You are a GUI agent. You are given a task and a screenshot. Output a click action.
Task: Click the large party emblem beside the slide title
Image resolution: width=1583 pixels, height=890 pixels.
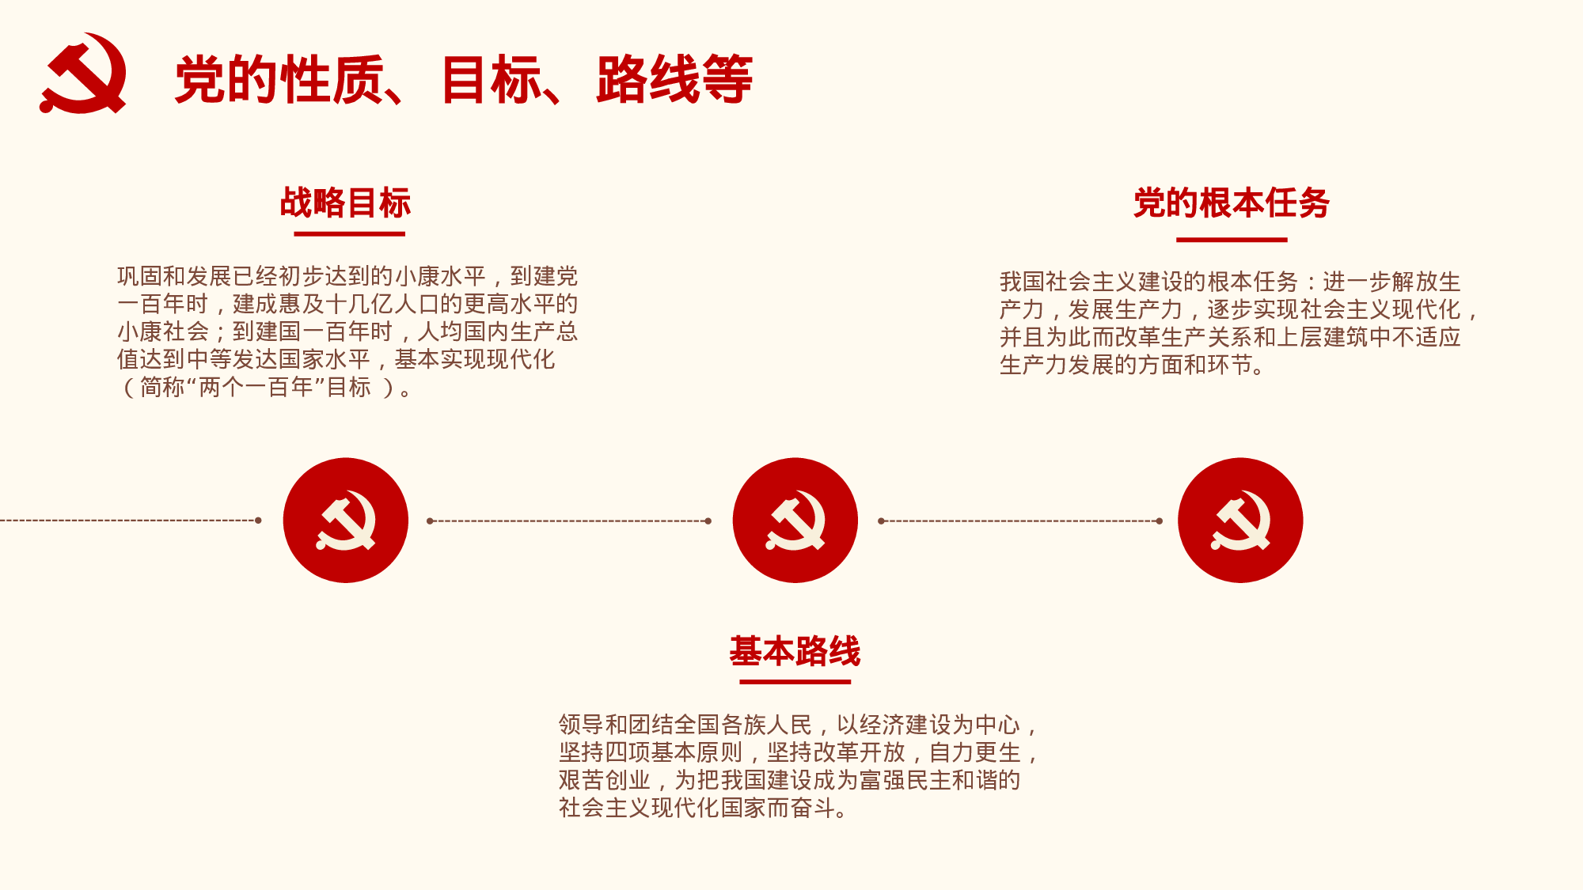[x=83, y=74]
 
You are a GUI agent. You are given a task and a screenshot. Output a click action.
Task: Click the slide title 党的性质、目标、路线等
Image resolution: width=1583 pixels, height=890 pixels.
[x=463, y=80]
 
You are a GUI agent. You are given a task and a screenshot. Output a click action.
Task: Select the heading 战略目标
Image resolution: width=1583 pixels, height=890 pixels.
[x=346, y=203]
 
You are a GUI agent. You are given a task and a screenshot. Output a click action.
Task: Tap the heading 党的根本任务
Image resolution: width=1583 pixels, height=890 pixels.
[x=1231, y=203]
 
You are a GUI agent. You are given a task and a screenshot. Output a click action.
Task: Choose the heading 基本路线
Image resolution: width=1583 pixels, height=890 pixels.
[x=795, y=651]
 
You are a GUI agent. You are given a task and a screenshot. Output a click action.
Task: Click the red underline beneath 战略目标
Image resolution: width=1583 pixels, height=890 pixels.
[x=349, y=234]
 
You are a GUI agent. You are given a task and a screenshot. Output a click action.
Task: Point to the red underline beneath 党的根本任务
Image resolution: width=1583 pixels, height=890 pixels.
[x=1232, y=239]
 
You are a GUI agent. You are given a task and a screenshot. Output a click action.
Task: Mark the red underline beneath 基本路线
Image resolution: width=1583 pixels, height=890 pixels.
[x=795, y=681]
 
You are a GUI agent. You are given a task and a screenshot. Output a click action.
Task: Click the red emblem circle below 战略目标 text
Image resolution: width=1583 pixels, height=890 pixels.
[x=346, y=521]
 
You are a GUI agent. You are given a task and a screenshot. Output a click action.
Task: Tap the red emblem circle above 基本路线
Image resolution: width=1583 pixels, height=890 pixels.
[x=795, y=521]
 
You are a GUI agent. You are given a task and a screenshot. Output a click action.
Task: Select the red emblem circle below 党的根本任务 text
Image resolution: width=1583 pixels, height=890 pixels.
[x=1240, y=521]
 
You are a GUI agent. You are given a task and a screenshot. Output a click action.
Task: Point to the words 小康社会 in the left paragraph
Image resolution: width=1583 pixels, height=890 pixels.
[x=163, y=332]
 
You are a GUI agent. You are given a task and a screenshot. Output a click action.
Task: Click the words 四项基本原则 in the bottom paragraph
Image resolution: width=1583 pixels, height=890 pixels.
[x=674, y=752]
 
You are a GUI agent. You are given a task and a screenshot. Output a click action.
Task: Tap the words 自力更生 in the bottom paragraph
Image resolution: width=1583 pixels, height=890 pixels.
[x=975, y=752]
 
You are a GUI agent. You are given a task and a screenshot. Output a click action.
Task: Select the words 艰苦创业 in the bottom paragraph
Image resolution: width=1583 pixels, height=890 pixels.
[x=605, y=780]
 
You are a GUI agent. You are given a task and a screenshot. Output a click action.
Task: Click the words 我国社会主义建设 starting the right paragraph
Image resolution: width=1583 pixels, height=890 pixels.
[x=1091, y=282]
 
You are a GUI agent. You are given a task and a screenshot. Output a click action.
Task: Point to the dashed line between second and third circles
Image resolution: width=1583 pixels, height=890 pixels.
[x=1019, y=521]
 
